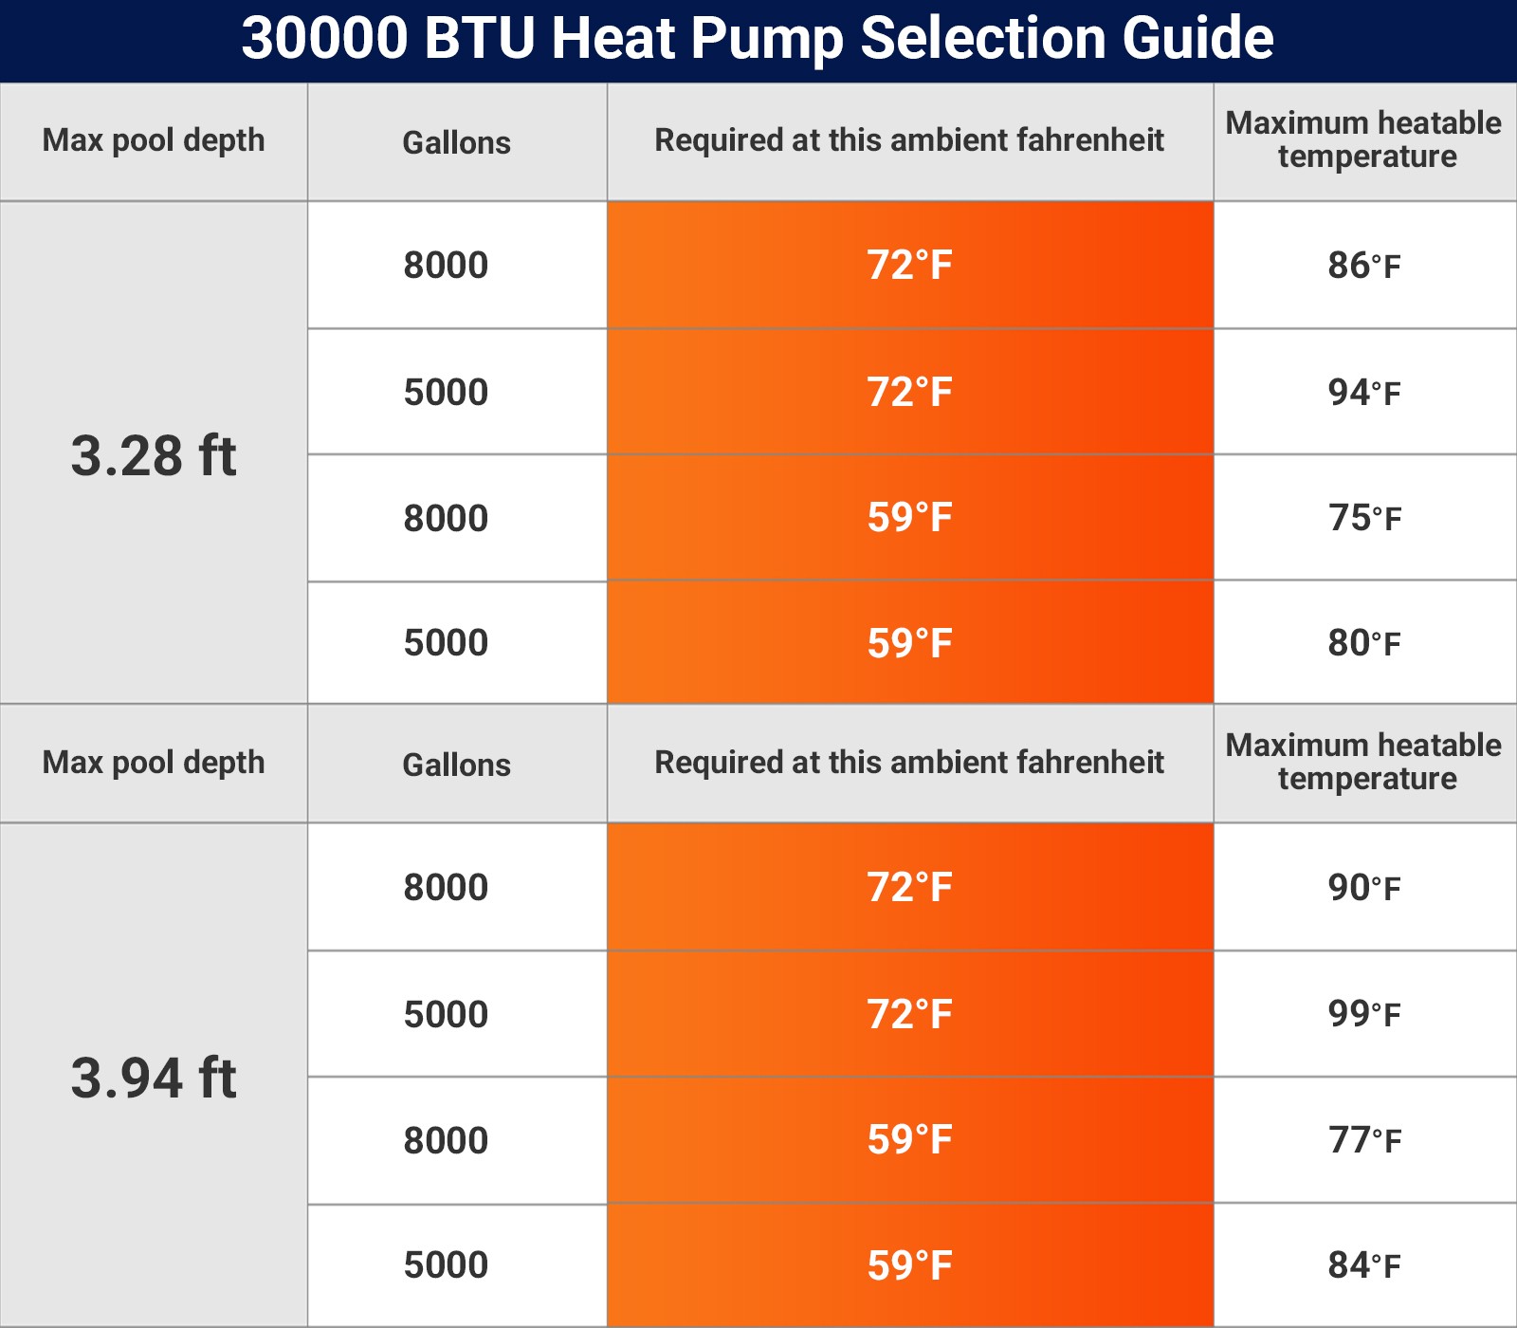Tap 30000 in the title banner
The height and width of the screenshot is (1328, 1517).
pos(324,39)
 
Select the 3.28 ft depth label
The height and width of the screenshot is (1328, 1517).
pos(154,456)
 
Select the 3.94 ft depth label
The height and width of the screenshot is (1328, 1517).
pos(154,1079)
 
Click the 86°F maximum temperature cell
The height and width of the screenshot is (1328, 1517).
pos(1364,266)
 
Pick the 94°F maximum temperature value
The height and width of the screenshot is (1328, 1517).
pos(1364,393)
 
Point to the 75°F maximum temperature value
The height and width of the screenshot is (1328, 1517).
pos(1364,518)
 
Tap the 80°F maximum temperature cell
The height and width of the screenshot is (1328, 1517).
pos(1364,643)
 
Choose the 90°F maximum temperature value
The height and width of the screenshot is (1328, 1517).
pos(1364,888)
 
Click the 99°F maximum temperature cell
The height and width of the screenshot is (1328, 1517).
pos(1364,1014)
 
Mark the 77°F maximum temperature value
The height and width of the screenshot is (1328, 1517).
pos(1364,1140)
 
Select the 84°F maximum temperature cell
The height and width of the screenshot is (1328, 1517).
pos(1364,1265)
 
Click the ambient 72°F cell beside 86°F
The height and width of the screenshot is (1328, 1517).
pos(909,266)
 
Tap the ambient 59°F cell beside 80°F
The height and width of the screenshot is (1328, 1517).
pos(909,643)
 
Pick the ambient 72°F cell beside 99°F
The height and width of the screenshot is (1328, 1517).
pos(909,1014)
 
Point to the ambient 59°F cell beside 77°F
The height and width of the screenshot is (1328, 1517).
pos(909,1140)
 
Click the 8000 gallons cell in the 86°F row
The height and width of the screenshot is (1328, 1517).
pos(446,266)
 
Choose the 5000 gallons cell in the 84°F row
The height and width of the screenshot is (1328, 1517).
pos(446,1265)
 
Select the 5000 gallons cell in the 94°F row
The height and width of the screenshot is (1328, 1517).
pos(446,393)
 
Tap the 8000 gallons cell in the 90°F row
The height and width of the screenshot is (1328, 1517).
pos(446,888)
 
